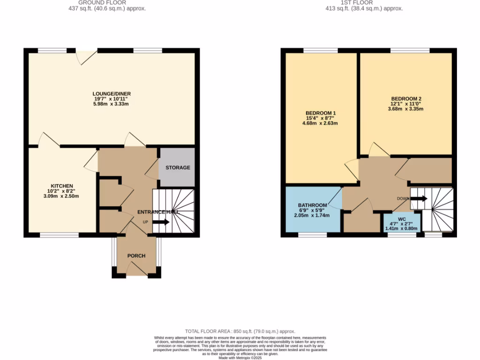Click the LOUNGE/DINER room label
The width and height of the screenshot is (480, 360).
coord(111,94)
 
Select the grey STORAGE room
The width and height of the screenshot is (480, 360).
coord(177,167)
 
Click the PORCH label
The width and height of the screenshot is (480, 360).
coord(136,256)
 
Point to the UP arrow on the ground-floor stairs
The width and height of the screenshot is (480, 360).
coord(161,222)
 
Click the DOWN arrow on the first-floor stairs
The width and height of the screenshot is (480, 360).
coord(419,198)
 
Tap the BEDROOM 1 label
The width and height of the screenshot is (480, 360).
coord(320,113)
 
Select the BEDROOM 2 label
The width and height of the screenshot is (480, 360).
coord(406,99)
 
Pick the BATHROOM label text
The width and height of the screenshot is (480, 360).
coord(312,205)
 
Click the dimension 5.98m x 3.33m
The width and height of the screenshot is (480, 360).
coord(111,104)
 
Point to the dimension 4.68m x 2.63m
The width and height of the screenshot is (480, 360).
coord(320,124)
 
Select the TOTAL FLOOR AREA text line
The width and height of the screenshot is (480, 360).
coord(240,331)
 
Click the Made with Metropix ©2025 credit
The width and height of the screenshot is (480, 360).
coord(240,358)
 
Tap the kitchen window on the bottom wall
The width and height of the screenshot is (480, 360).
coord(59,235)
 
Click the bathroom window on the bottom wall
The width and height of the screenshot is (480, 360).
coord(313,235)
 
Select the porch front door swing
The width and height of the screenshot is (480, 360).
coord(136,269)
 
